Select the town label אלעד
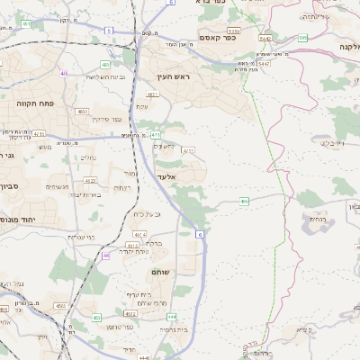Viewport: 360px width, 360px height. click(167, 177)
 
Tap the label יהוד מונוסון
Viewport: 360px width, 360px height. click(16, 219)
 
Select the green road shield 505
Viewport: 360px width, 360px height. click(303, 38)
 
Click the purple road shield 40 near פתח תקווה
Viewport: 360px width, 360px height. click(63, 73)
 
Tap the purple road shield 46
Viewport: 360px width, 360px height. click(106, 256)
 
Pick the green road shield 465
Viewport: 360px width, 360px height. click(244, 202)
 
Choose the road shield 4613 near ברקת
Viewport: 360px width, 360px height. click(132, 245)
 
